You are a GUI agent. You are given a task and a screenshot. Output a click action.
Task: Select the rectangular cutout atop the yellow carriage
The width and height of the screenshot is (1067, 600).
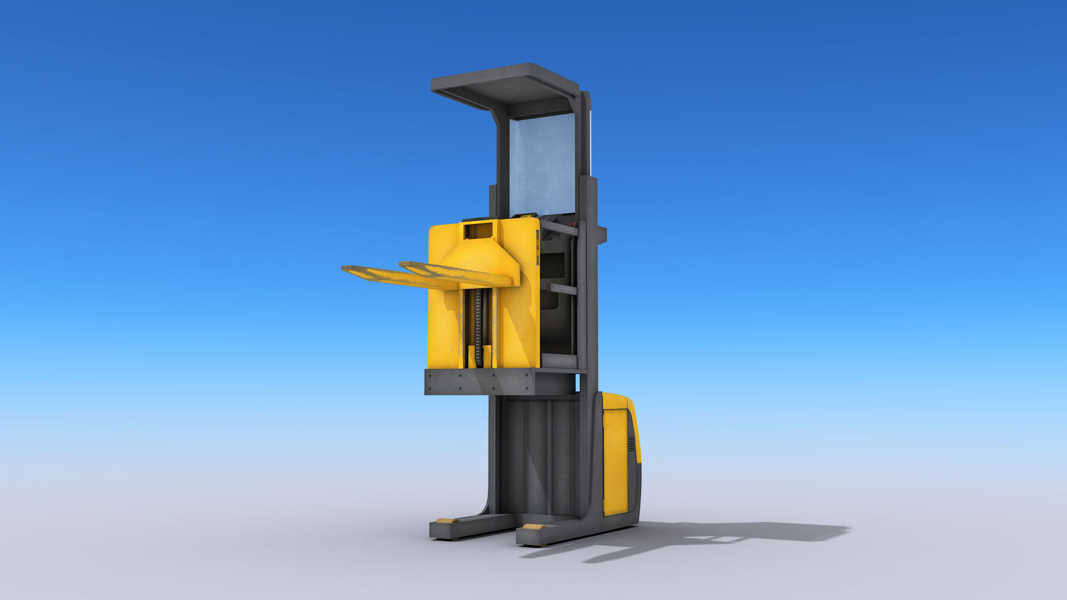pos(481,230)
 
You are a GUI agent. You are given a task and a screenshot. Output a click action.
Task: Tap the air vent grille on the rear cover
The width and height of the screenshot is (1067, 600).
pos(631,443)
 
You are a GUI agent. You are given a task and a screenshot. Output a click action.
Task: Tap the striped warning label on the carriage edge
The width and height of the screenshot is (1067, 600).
pos(537,247)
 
